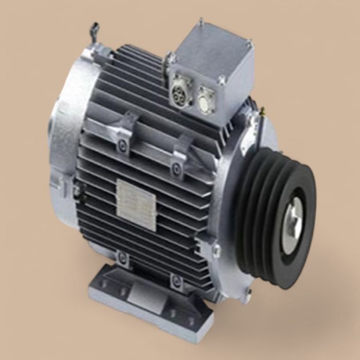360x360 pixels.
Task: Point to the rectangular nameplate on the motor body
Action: coord(136,198)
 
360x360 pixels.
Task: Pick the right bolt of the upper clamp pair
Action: coord(176,166)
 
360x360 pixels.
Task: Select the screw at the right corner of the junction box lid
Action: coord(251,46)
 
